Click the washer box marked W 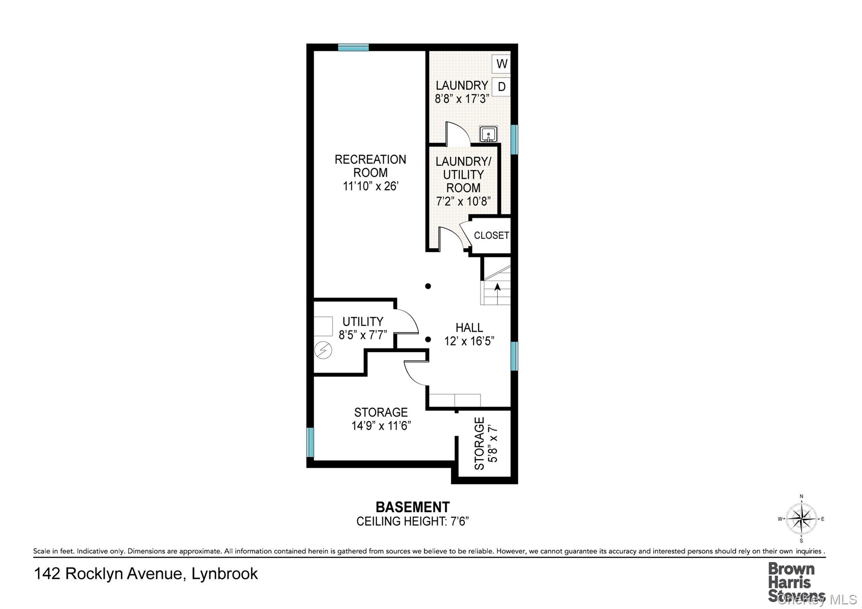[x=501, y=64]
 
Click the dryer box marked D [x=501, y=87]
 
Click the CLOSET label [x=491, y=236]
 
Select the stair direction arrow [x=497, y=288]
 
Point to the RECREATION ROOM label [x=370, y=166]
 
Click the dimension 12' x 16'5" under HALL [x=469, y=341]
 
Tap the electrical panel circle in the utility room [x=323, y=350]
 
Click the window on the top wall [x=353, y=48]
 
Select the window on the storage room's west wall [x=310, y=442]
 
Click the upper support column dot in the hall [x=428, y=286]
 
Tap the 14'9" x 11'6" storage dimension [x=381, y=426]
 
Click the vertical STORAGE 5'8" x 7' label [x=486, y=443]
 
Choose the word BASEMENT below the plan [x=412, y=507]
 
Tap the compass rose [x=801, y=519]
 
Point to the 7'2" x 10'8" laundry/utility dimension [x=463, y=201]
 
